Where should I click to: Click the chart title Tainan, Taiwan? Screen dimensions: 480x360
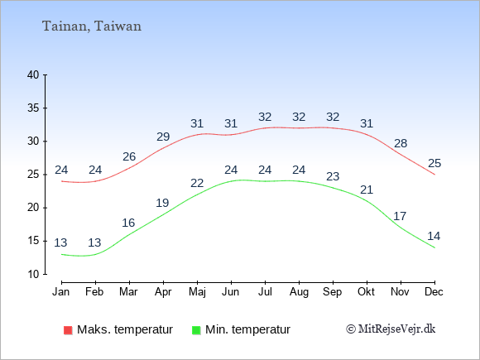pyautogui.click(x=92, y=26)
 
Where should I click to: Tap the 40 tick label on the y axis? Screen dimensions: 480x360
pyautogui.click(x=33, y=74)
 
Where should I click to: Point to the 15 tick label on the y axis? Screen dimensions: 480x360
pyautogui.click(x=33, y=241)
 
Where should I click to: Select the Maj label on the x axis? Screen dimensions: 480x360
pyautogui.click(x=197, y=292)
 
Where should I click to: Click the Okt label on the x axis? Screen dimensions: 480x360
pyautogui.click(x=366, y=292)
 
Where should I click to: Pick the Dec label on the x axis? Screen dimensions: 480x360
pyautogui.click(x=434, y=292)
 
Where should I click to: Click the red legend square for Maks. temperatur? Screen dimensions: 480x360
pyautogui.click(x=68, y=330)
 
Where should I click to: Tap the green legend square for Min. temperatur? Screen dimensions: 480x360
pyautogui.click(x=196, y=330)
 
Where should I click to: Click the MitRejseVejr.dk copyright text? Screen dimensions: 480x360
pyautogui.click(x=391, y=329)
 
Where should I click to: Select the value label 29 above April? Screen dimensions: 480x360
pyautogui.click(x=163, y=137)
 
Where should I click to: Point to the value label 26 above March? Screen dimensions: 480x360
pyautogui.click(x=129, y=156)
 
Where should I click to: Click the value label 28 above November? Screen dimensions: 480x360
pyautogui.click(x=401, y=143)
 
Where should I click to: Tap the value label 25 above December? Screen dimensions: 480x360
pyautogui.click(x=434, y=163)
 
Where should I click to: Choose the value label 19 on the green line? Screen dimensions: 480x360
pyautogui.click(x=162, y=203)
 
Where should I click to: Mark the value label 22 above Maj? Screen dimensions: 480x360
pyautogui.click(x=197, y=183)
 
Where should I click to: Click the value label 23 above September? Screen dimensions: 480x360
pyautogui.click(x=333, y=176)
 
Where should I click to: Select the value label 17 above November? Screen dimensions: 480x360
pyautogui.click(x=400, y=216)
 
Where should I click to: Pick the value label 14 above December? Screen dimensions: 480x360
pyautogui.click(x=434, y=236)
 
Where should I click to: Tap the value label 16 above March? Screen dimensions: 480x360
pyautogui.click(x=128, y=223)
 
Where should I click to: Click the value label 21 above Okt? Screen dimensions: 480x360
pyautogui.click(x=367, y=190)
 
